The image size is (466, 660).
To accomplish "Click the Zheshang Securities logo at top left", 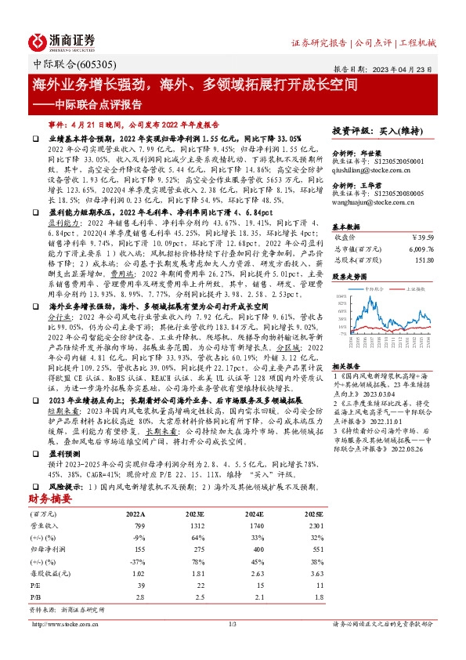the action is (x=61, y=41).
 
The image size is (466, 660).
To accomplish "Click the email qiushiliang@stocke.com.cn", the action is (x=375, y=168).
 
